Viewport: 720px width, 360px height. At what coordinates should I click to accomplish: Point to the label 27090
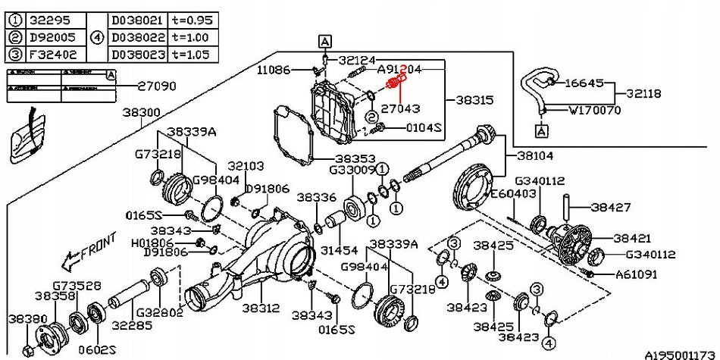(x=157, y=86)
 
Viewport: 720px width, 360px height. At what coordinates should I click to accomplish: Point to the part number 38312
(x=261, y=309)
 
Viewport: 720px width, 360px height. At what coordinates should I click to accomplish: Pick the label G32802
(x=158, y=312)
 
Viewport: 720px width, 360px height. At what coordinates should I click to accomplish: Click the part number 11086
(x=273, y=69)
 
